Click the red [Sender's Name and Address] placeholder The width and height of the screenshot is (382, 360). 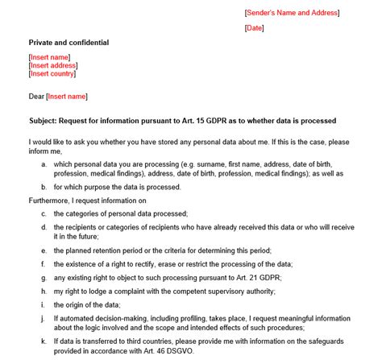point(292,13)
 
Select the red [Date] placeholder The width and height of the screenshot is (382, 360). point(254,28)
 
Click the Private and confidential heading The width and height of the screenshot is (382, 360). point(68,43)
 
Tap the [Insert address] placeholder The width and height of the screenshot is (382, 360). point(51,66)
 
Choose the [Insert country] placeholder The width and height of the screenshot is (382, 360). point(51,74)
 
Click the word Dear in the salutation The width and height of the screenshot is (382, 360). point(36,97)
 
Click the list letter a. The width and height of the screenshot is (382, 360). point(43,164)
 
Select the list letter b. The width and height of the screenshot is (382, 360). point(43,187)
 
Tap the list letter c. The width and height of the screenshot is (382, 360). point(43,214)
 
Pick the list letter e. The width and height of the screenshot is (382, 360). point(43,250)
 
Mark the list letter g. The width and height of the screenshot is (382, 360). point(43,277)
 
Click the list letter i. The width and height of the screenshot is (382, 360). point(43,304)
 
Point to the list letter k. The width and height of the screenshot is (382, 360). point(43,341)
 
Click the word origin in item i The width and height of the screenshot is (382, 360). point(77,304)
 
